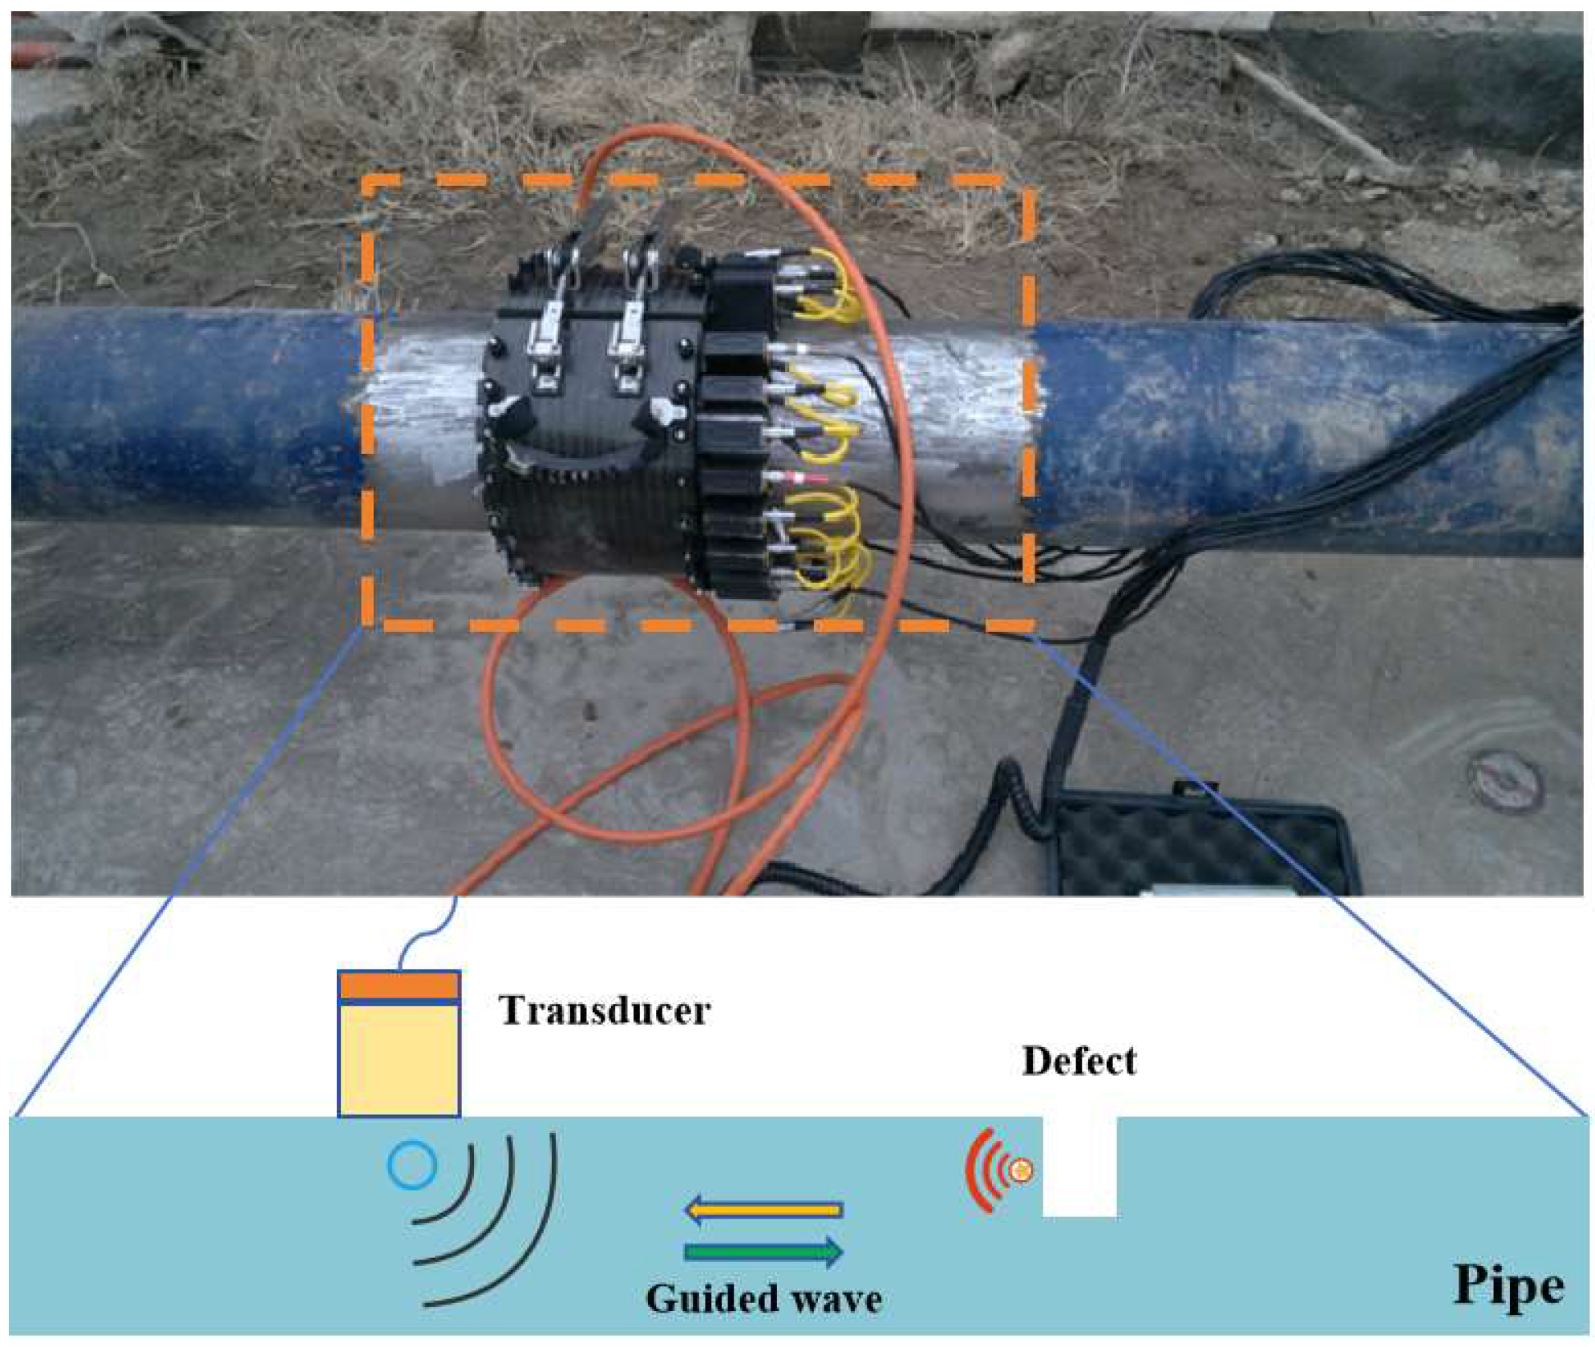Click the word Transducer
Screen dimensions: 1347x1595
(604, 1010)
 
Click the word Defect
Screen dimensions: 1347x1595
(1078, 1061)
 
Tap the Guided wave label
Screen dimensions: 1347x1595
(763, 1298)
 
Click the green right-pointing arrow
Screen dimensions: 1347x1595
(763, 1251)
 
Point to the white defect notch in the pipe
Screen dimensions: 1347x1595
(1079, 1167)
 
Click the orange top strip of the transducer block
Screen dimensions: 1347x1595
(399, 985)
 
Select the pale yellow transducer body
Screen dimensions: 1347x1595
(399, 1058)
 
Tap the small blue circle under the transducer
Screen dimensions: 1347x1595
(411, 1165)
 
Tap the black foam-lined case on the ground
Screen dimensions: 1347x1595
(1203, 850)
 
